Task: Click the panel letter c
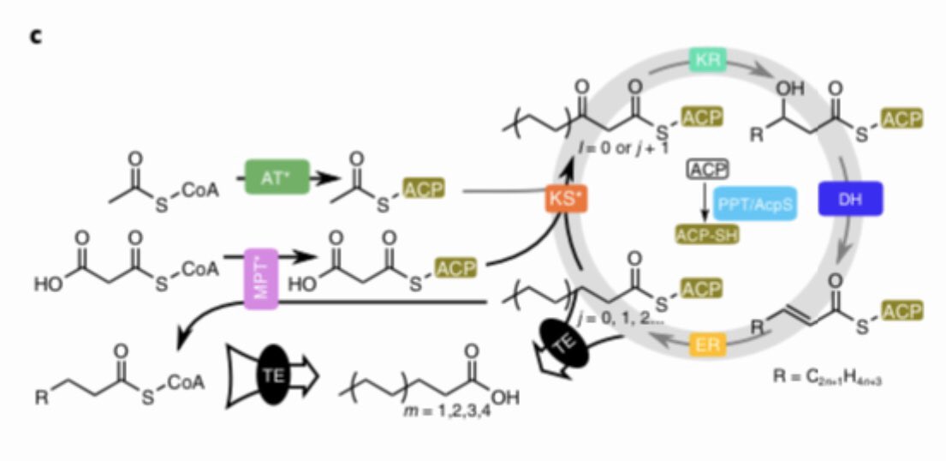pyautogui.click(x=36, y=37)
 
